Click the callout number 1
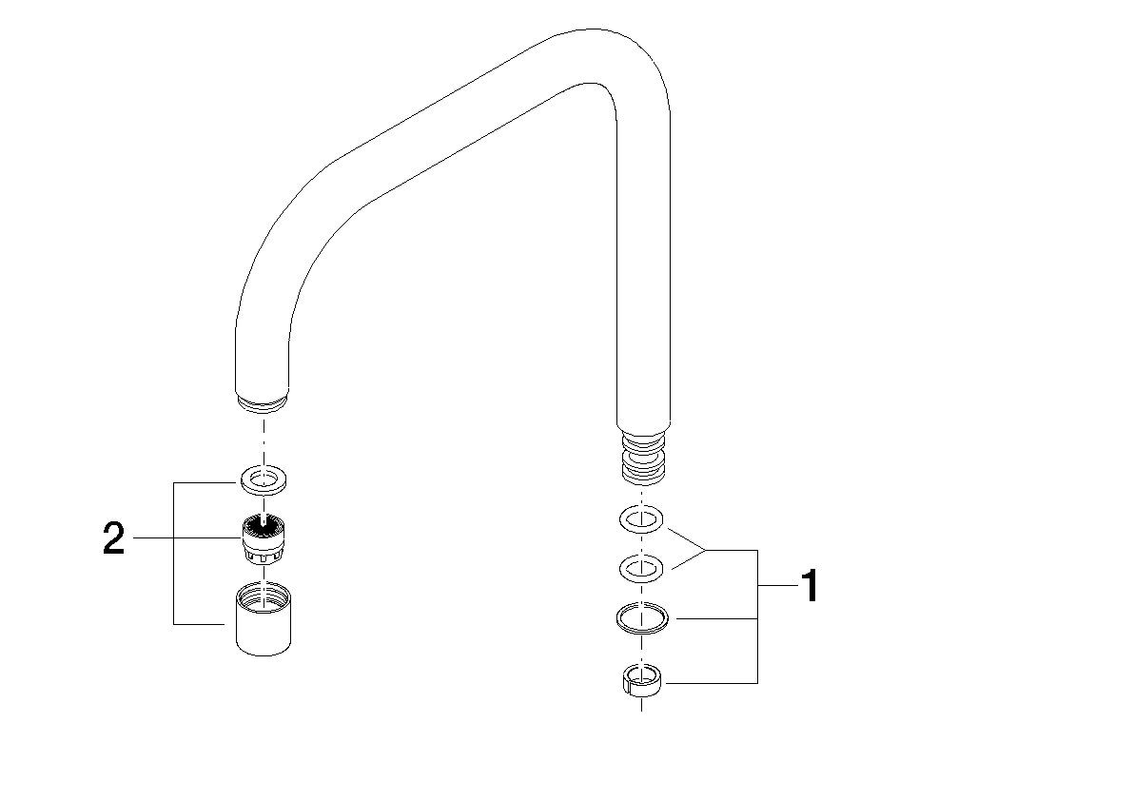[809, 586]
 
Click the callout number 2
[113, 539]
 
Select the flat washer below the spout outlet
[263, 479]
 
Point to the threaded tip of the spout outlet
[263, 404]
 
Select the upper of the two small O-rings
[643, 519]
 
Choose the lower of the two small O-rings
[643, 570]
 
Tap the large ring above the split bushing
[643, 619]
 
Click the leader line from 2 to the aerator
[186, 539]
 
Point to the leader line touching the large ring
[713, 619]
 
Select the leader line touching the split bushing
[713, 682]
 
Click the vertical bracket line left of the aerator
[173, 552]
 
